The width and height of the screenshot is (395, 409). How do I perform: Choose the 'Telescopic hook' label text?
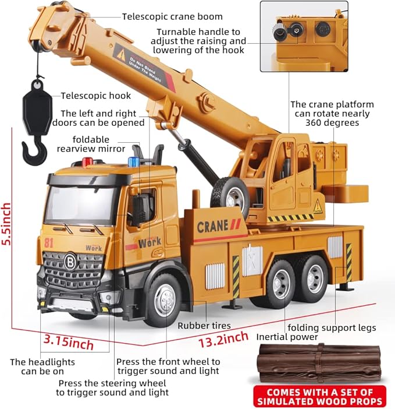[x=96, y=96]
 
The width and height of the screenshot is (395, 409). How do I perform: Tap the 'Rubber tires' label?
[x=204, y=326]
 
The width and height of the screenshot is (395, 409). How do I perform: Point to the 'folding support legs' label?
[x=332, y=327]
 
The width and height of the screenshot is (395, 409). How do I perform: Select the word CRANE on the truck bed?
[x=213, y=227]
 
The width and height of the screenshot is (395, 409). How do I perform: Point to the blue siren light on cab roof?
[x=134, y=161]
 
